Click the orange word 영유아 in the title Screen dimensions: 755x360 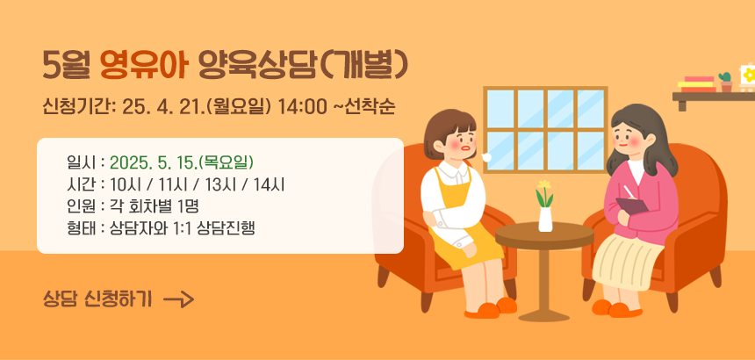143,65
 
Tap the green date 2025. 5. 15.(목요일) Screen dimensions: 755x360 182,162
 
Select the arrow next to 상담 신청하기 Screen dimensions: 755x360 178,299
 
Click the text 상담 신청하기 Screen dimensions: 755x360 97,299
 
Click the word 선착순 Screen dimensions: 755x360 369,107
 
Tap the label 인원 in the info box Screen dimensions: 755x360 80,206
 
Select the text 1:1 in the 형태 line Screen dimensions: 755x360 184,228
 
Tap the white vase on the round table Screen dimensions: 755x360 545,220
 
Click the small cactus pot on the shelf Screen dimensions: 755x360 726,83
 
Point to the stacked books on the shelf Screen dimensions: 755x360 697,84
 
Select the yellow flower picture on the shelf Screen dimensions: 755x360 747,77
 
